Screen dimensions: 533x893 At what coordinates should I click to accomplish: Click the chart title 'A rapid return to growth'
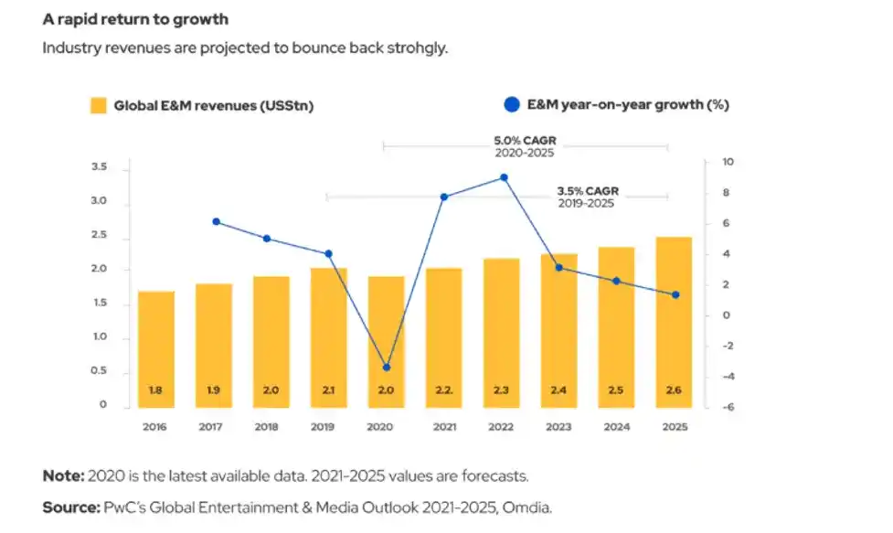135,19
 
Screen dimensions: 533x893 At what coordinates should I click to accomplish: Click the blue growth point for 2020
387,368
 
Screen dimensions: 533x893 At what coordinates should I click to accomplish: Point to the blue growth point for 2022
504,178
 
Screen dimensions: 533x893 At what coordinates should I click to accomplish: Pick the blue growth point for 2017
216,221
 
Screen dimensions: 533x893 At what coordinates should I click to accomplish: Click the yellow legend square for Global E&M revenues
98,105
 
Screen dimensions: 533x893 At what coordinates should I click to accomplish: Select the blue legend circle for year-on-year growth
512,104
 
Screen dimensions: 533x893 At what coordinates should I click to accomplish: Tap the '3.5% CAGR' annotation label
588,191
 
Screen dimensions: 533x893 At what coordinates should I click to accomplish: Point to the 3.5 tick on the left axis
99,167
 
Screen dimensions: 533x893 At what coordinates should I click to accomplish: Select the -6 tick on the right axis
727,408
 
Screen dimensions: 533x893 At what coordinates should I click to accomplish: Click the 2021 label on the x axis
444,426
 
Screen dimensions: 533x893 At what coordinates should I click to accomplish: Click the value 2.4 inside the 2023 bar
558,390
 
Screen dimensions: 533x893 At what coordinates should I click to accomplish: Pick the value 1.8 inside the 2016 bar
156,390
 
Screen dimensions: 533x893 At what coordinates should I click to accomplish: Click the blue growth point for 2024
617,281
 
